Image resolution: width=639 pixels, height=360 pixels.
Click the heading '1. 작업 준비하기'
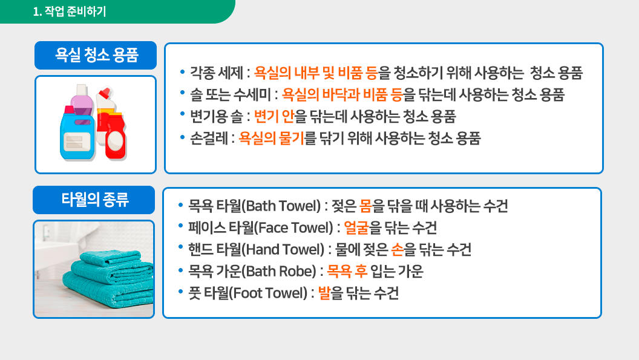pos(69,11)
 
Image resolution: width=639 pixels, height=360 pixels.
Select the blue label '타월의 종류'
pos(94,200)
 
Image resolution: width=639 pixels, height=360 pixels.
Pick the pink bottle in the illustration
pos(82,104)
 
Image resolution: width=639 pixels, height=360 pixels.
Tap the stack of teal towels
pos(108,278)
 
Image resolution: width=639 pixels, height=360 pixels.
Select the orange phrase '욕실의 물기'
pos(271,138)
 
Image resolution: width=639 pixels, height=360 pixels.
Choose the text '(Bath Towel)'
pos(281,206)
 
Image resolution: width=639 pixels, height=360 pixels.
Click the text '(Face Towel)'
pos(294,227)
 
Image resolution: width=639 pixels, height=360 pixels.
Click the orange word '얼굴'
pos(356,227)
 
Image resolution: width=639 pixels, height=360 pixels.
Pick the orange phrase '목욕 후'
pos(347,271)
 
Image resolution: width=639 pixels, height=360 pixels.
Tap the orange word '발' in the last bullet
pos(324,293)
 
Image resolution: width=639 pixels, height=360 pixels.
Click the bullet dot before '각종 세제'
pos(182,72)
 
